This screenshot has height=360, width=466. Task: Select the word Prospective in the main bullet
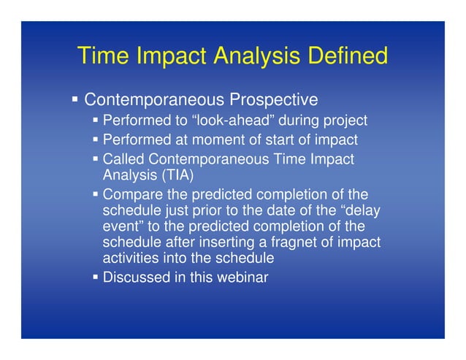(274, 99)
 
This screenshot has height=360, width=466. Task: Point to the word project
(345, 120)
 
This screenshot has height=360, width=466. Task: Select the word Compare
(130, 195)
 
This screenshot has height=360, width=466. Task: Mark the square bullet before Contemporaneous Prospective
(75, 99)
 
